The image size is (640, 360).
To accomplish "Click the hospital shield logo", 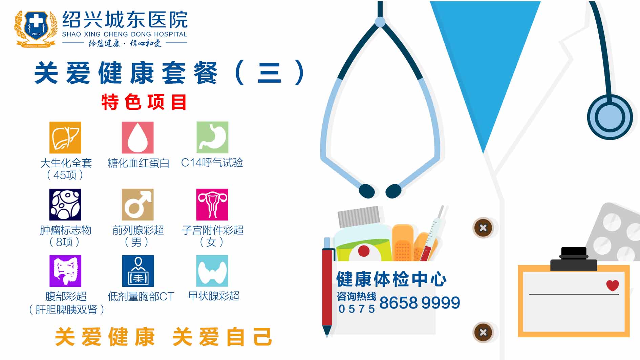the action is tap(36, 29).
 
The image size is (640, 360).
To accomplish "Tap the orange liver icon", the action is tap(65, 137).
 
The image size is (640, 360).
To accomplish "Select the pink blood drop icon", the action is tap(137, 137).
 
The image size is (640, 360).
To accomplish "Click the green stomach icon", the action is tap(212, 137).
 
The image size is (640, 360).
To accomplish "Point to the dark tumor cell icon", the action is tap(65, 205).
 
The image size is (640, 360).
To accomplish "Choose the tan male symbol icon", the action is tap(137, 205).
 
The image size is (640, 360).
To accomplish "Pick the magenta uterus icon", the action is tap(212, 205).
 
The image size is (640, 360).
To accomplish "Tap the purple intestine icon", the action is tap(65, 271).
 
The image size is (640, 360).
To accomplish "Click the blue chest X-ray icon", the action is tap(138, 271).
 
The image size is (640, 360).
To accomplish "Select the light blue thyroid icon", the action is tap(212, 271).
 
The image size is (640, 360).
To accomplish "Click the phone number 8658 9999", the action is tap(420, 303).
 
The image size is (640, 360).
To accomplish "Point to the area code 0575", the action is tap(357, 309).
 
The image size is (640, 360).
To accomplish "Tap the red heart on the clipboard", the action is tap(613, 285).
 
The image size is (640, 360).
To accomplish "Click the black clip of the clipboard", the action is tap(574, 259).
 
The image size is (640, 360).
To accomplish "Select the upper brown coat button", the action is tap(483, 228).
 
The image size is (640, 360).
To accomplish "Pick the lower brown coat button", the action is tap(483, 332).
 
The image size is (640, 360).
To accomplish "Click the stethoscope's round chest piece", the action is tap(610, 117).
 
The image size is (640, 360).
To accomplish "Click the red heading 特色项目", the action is tap(144, 102).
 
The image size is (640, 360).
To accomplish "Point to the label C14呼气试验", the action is tap(212, 163).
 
